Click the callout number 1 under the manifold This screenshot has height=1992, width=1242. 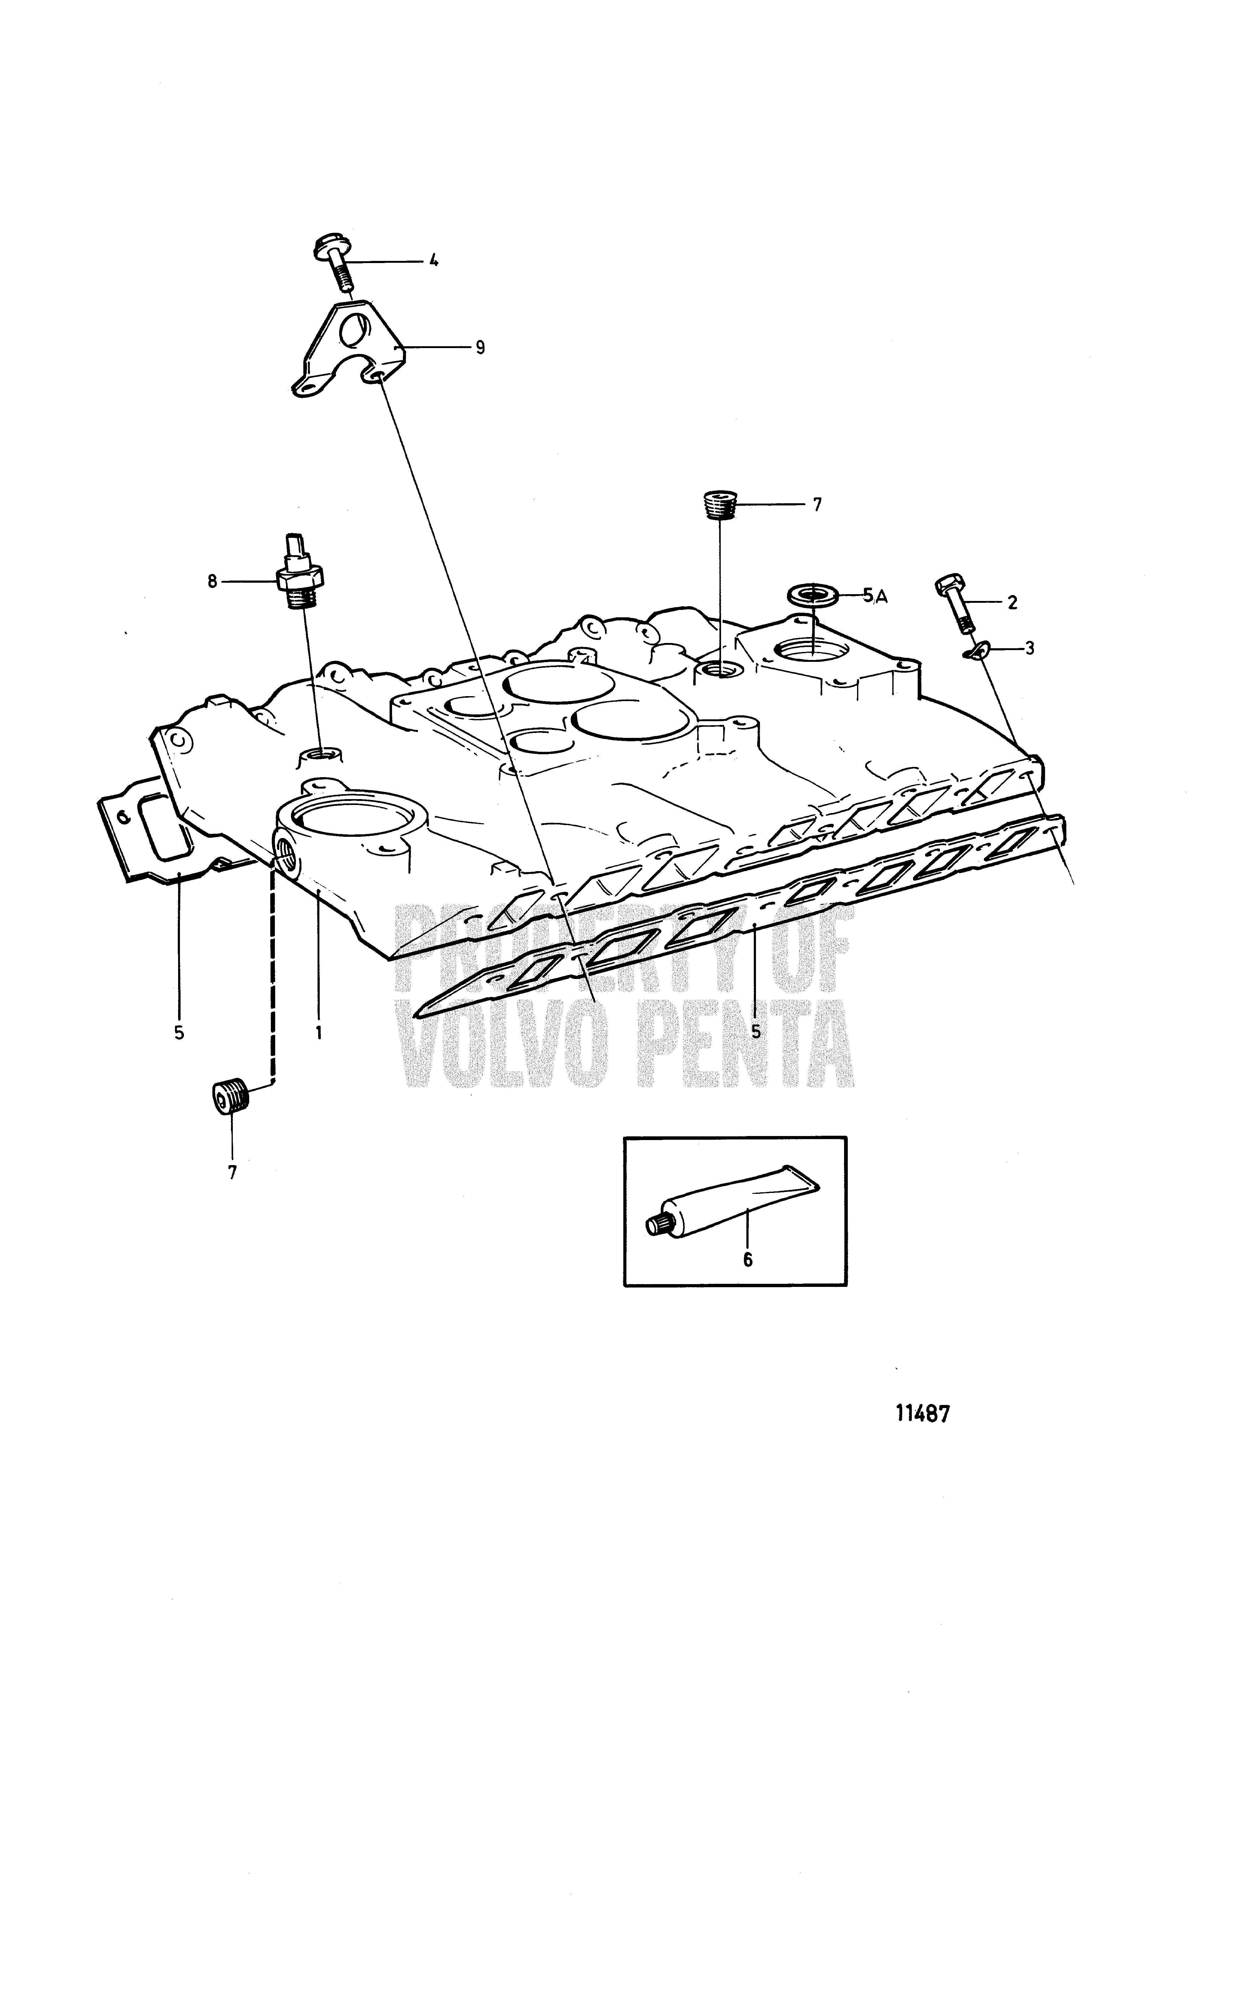318,1031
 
